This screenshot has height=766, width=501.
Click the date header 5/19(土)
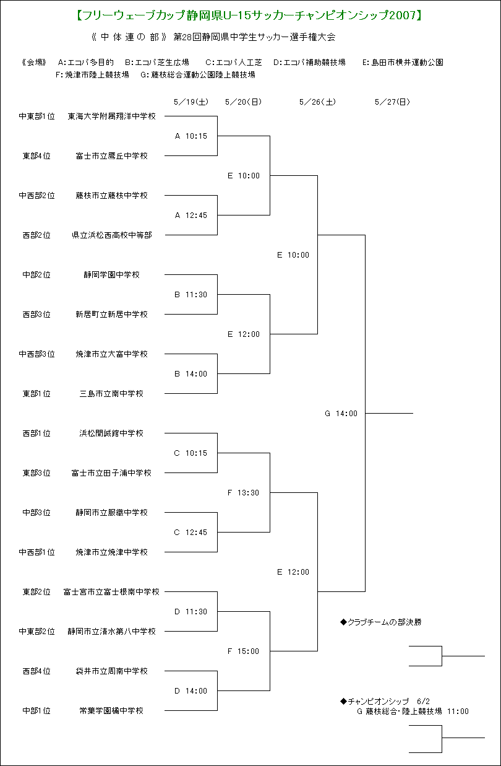191,102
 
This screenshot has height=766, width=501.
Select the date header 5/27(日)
392,102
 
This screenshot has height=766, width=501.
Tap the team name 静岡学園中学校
112,274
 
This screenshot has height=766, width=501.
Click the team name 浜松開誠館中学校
111,433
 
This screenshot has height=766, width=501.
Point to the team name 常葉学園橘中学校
111,711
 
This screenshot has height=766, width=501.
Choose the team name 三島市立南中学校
111,394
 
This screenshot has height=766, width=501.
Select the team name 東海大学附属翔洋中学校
112,116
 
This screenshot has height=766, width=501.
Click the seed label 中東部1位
36,116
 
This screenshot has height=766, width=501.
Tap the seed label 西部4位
36,671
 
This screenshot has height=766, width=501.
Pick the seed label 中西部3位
36,354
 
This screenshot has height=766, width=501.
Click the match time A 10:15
191,136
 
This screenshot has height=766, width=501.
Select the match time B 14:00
191,374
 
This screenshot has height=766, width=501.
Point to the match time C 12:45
191,532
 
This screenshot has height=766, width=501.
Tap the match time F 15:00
243,651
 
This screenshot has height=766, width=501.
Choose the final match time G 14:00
341,414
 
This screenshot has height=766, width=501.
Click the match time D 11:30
191,611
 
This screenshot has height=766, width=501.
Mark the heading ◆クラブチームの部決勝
381,622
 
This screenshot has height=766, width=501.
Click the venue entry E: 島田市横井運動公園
403,63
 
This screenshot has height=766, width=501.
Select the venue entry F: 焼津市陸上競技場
92,74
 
